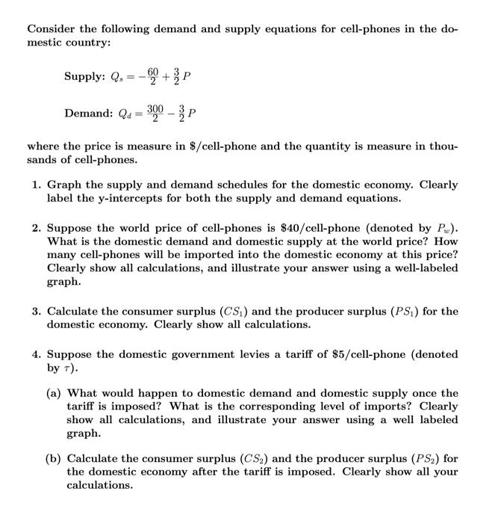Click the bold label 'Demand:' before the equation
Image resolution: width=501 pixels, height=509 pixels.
(x=89, y=114)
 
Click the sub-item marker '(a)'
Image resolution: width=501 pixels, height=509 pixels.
(x=56, y=393)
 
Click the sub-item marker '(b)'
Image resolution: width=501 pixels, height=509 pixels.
(x=56, y=457)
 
